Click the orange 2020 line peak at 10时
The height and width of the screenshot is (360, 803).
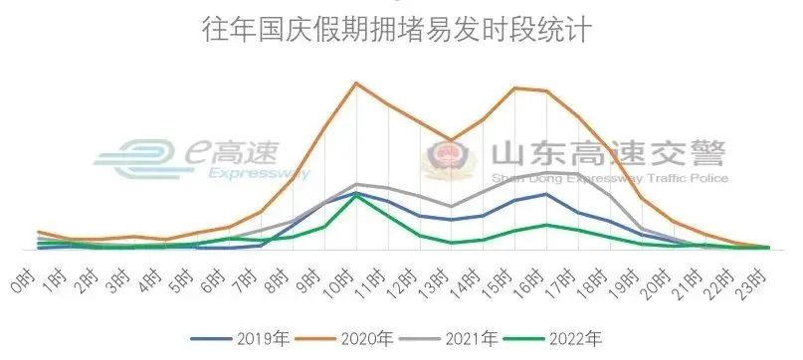click(x=355, y=83)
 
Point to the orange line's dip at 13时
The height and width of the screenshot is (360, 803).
click(x=451, y=140)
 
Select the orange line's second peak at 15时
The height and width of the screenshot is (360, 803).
click(x=514, y=89)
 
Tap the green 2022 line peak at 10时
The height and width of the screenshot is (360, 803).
click(x=355, y=196)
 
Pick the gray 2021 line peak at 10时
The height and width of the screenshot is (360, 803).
click(x=355, y=184)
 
